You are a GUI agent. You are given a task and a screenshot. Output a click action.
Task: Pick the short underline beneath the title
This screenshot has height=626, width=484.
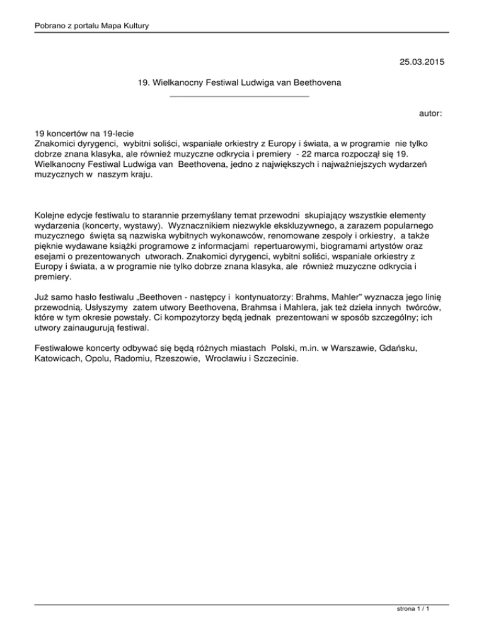pos(240,96)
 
